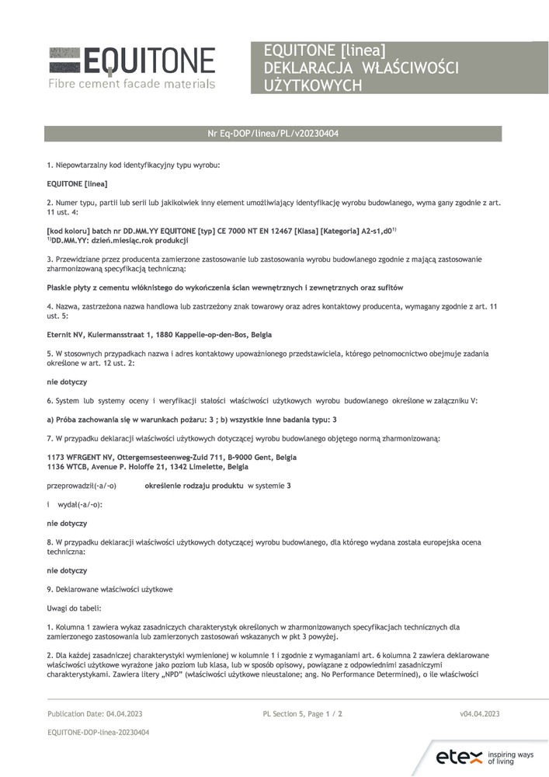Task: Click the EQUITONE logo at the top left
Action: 131,61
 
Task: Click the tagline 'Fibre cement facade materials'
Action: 131,83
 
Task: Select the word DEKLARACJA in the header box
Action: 306,68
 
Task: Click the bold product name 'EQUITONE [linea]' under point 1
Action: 77,184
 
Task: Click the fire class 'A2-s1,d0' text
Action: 372,231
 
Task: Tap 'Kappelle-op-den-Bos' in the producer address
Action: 220,334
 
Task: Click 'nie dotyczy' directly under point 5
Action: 67,382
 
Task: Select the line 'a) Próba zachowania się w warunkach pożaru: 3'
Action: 124,420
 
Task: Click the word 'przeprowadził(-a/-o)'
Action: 82,486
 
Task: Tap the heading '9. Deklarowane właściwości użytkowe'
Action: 109,589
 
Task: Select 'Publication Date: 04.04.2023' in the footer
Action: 95,713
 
